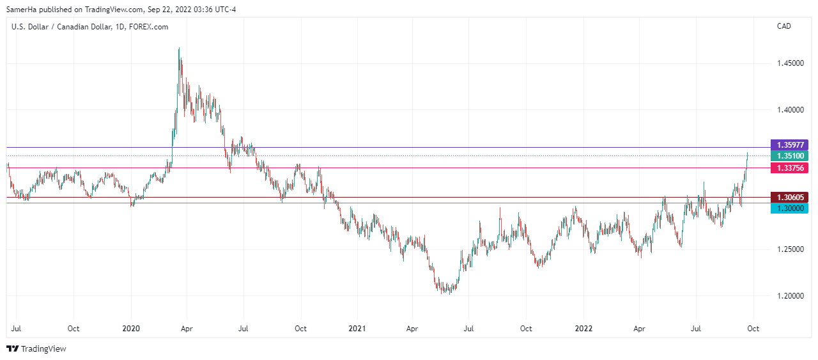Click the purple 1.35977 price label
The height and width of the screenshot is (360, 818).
[x=790, y=145]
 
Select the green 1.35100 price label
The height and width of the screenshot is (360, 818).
[x=790, y=156]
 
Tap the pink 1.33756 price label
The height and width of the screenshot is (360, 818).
[x=790, y=168]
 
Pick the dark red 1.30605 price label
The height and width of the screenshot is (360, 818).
[x=790, y=197]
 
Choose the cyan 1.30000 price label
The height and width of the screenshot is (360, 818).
[x=790, y=208]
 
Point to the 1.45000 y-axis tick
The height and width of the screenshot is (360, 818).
[x=790, y=63]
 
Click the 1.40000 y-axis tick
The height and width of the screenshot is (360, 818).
[x=790, y=110]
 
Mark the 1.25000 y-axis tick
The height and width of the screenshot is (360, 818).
[x=790, y=249]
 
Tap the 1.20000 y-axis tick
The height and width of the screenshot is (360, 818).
[x=790, y=296]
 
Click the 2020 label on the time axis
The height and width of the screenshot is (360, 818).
[x=131, y=329]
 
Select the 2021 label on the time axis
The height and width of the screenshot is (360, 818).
[x=357, y=329]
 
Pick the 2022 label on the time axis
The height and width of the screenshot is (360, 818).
[x=583, y=329]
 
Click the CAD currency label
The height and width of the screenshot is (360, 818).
[x=784, y=26]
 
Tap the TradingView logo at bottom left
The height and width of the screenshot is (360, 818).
[x=36, y=348]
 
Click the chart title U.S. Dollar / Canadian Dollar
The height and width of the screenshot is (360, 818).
[x=57, y=27]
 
